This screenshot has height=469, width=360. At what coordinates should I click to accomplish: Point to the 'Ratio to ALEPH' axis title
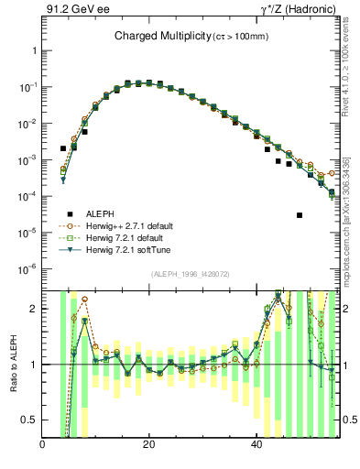point(13,365)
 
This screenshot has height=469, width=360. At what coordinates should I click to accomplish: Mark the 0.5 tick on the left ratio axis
point(29,420)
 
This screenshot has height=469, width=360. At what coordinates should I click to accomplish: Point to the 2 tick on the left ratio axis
point(34,309)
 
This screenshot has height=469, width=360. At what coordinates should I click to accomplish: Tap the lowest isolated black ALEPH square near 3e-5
point(300,215)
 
